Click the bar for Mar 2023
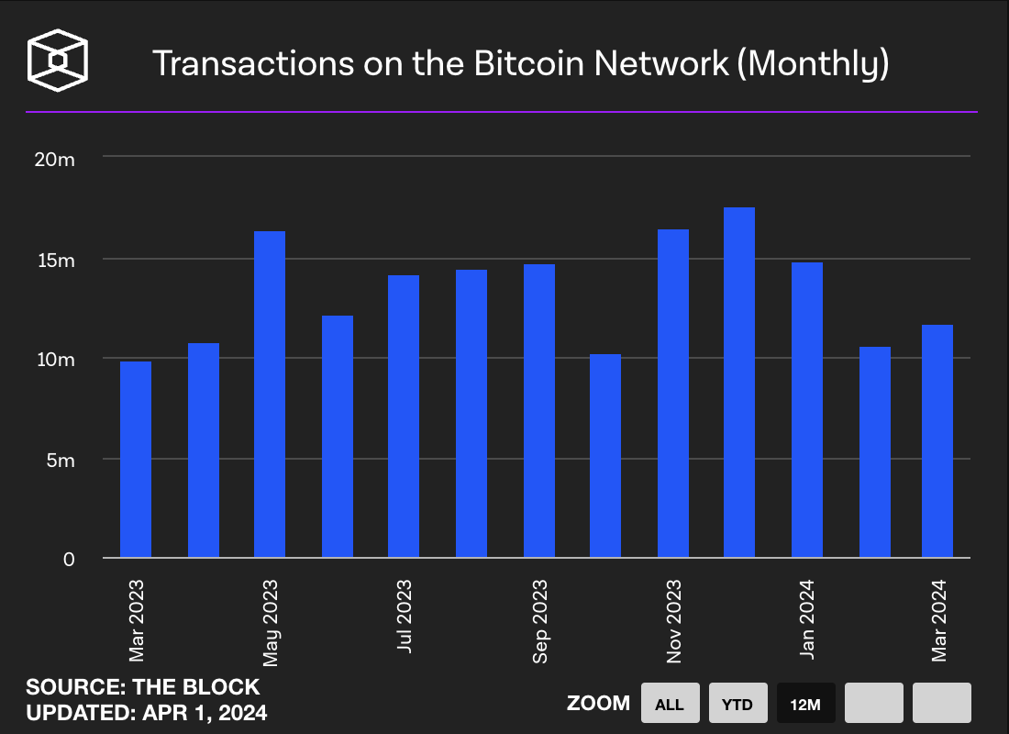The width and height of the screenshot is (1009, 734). click(x=136, y=459)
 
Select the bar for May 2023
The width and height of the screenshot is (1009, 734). click(x=270, y=395)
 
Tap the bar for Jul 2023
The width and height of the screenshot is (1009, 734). click(x=404, y=417)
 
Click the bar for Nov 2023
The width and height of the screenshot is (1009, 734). click(x=673, y=394)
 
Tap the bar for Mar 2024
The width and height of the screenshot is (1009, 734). click(x=937, y=441)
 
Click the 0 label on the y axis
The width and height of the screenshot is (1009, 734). click(x=68, y=560)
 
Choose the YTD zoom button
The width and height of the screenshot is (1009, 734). click(x=737, y=704)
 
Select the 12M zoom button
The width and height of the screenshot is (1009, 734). click(x=805, y=704)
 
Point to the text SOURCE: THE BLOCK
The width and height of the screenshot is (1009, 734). click(x=142, y=687)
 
